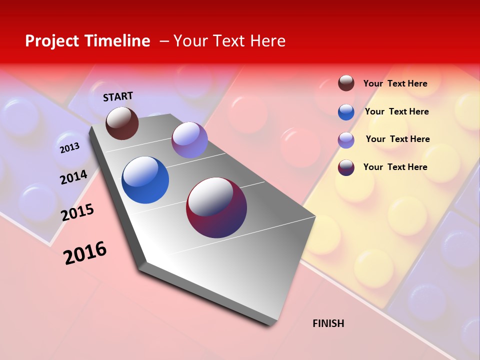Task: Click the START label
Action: click(118, 96)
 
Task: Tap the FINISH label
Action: click(328, 323)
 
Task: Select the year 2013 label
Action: click(69, 148)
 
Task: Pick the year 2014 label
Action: click(73, 177)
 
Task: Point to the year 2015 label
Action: click(77, 212)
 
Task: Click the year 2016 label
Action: click(85, 253)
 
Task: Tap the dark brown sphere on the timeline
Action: click(122, 123)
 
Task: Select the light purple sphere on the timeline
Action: click(189, 140)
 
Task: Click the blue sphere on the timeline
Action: click(145, 180)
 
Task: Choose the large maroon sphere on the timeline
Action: click(216, 207)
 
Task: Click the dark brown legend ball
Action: click(346, 83)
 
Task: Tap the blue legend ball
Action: click(346, 112)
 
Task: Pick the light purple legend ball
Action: click(346, 140)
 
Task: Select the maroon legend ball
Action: click(346, 167)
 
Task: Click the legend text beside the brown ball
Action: click(395, 83)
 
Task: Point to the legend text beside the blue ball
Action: click(396, 111)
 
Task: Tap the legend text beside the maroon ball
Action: click(395, 167)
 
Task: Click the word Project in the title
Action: click(53, 41)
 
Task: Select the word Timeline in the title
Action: click(118, 41)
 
